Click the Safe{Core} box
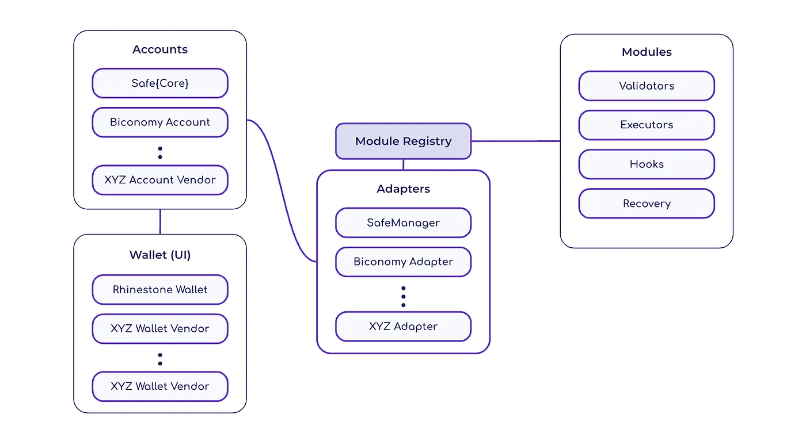(x=160, y=83)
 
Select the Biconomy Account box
(x=160, y=122)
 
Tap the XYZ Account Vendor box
(x=160, y=180)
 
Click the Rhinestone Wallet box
(x=160, y=290)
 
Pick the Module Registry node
(x=404, y=141)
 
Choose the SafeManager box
(x=404, y=222)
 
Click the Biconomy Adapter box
(x=404, y=262)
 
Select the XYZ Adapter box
(x=404, y=327)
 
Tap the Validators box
(x=647, y=86)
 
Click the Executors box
(x=647, y=125)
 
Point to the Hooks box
(x=647, y=164)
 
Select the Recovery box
(x=647, y=204)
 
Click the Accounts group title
(x=160, y=49)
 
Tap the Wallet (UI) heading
(x=160, y=255)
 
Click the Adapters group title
(x=404, y=189)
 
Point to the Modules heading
(x=647, y=52)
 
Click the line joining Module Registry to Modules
(x=516, y=141)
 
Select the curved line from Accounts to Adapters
(x=282, y=190)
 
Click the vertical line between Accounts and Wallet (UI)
(x=160, y=222)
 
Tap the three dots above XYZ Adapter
(x=404, y=297)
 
